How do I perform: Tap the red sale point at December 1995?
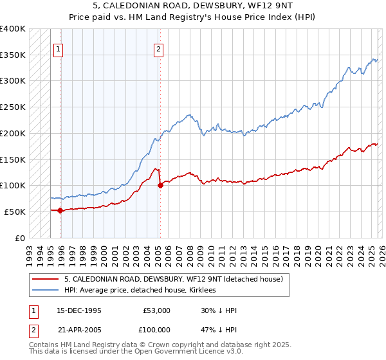pyautogui.click(x=60, y=210)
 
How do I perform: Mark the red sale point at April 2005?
pyautogui.click(x=160, y=186)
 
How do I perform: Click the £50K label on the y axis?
pyautogui.click(x=15, y=212)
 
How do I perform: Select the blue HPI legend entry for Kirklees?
pyautogui.click(x=141, y=291)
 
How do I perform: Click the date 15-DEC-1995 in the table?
pyautogui.click(x=79, y=310)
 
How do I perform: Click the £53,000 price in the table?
pyautogui.click(x=156, y=310)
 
